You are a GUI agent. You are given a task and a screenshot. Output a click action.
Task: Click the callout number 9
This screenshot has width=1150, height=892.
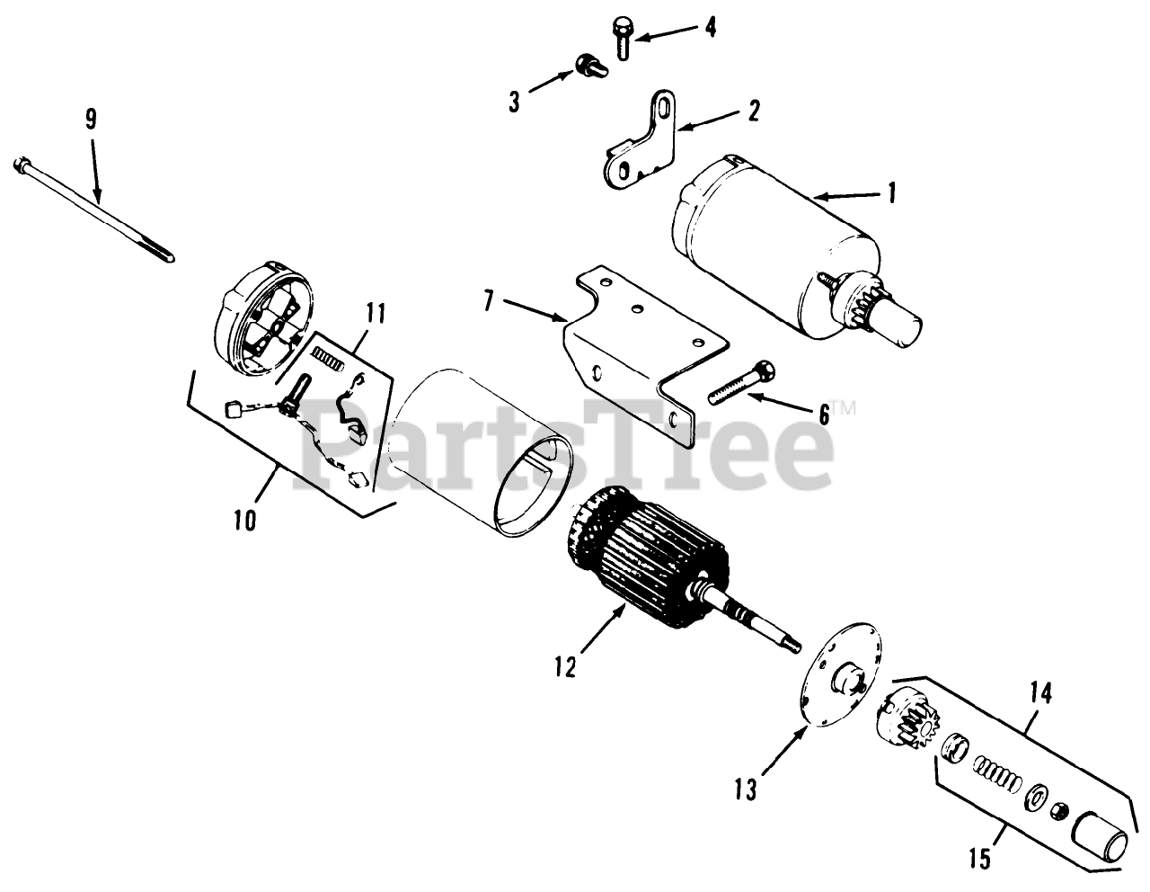[x=92, y=120]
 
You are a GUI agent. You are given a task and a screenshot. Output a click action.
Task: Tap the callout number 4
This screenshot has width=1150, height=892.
[x=710, y=27]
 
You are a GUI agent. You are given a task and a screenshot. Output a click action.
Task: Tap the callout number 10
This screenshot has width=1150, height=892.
[x=245, y=519]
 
